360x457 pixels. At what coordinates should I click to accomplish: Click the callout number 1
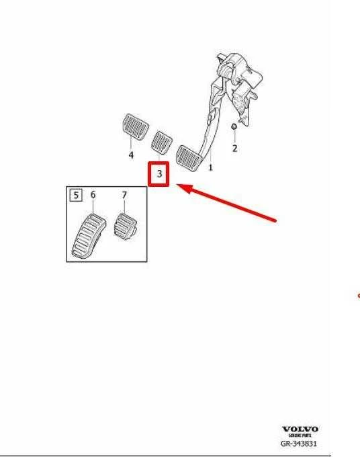pyautogui.click(x=211, y=167)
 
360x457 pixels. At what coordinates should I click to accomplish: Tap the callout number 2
pyautogui.click(x=235, y=148)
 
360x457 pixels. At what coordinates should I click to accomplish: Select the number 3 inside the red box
pyautogui.click(x=159, y=173)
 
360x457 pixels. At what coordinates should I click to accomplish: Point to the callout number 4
pyautogui.click(x=131, y=155)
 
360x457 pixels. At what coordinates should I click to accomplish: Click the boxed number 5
pyautogui.click(x=76, y=195)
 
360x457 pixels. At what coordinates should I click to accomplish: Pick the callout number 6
pyautogui.click(x=93, y=194)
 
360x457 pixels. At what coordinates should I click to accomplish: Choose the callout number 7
pyautogui.click(x=124, y=195)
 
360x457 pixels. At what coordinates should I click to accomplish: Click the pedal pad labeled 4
pyautogui.click(x=135, y=127)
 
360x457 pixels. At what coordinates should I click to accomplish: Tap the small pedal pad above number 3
pyautogui.click(x=162, y=142)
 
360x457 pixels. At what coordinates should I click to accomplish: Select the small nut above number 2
pyautogui.click(x=234, y=127)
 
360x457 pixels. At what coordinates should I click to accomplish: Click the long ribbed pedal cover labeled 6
pyautogui.click(x=89, y=236)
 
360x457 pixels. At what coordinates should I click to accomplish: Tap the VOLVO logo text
pyautogui.click(x=300, y=429)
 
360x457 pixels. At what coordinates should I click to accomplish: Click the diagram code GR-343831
pyautogui.click(x=299, y=444)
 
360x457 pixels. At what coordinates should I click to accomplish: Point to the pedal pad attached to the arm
pyautogui.click(x=189, y=158)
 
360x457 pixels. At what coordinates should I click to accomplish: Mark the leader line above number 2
pyautogui.click(x=234, y=136)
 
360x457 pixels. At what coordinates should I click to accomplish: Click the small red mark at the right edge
pyautogui.click(x=358, y=296)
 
